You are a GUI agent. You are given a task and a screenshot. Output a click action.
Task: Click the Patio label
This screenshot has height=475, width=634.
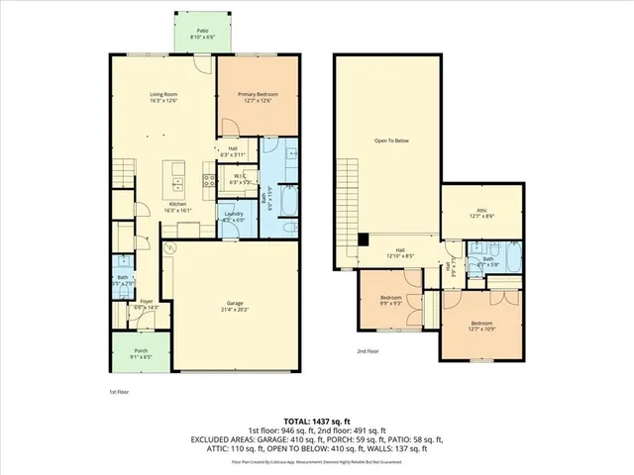[x=202, y=31]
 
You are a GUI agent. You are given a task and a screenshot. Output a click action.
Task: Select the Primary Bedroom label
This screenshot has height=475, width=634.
[x=258, y=96]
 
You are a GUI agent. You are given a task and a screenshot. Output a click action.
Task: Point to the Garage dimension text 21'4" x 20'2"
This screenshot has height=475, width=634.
[x=235, y=313]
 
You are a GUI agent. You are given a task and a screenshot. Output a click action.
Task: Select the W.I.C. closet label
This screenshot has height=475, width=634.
[x=238, y=178]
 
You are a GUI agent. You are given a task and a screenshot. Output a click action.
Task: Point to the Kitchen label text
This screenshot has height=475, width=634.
[x=177, y=204]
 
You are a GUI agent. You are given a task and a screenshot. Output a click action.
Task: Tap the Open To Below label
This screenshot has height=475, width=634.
[x=391, y=141]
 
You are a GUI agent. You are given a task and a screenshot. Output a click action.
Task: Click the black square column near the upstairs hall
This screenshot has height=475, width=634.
[x=364, y=237]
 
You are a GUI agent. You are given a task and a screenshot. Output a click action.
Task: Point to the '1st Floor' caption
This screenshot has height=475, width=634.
[x=119, y=392]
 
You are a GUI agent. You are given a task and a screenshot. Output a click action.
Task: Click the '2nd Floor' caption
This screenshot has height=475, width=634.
[x=368, y=351]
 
